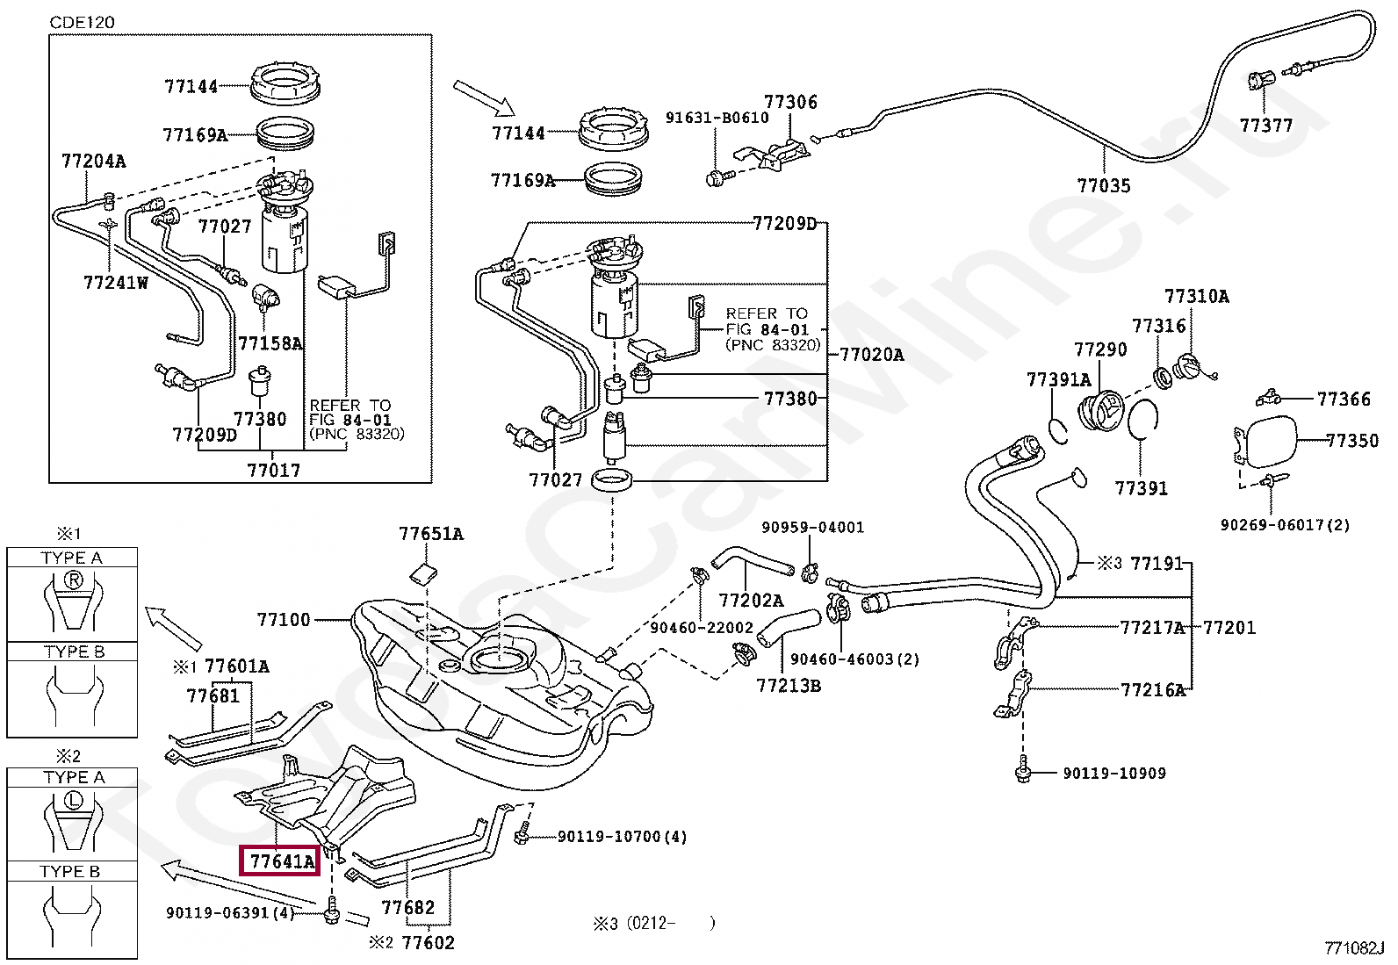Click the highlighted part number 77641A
[281, 861]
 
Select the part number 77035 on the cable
[1104, 186]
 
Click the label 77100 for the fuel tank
[284, 620]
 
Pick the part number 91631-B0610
[717, 118]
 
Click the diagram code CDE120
[82, 21]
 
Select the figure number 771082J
[1354, 948]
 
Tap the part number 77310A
[1196, 297]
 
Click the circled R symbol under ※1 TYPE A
[73, 580]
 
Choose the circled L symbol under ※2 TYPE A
[73, 799]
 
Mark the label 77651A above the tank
[430, 534]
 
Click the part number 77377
[1265, 126]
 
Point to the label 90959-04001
[812, 528]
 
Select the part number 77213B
[789, 685]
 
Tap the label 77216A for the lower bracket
[1152, 690]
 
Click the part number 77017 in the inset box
[273, 470]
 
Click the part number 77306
[790, 103]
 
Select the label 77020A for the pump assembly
[871, 355]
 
